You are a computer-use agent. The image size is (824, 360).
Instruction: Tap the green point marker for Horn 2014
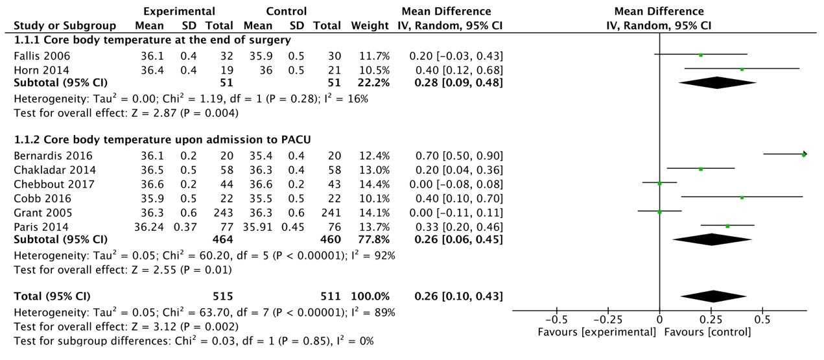[x=742, y=69]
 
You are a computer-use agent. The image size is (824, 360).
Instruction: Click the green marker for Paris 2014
[x=727, y=226]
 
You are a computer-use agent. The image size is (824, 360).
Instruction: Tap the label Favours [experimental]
[x=597, y=332]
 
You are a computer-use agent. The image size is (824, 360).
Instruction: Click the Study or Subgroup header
[x=65, y=26]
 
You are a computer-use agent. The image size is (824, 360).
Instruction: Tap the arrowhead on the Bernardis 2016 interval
[x=804, y=154]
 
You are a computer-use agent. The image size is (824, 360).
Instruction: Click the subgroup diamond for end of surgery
[x=717, y=83]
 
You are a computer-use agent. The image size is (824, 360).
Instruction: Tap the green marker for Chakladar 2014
[x=701, y=169]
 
